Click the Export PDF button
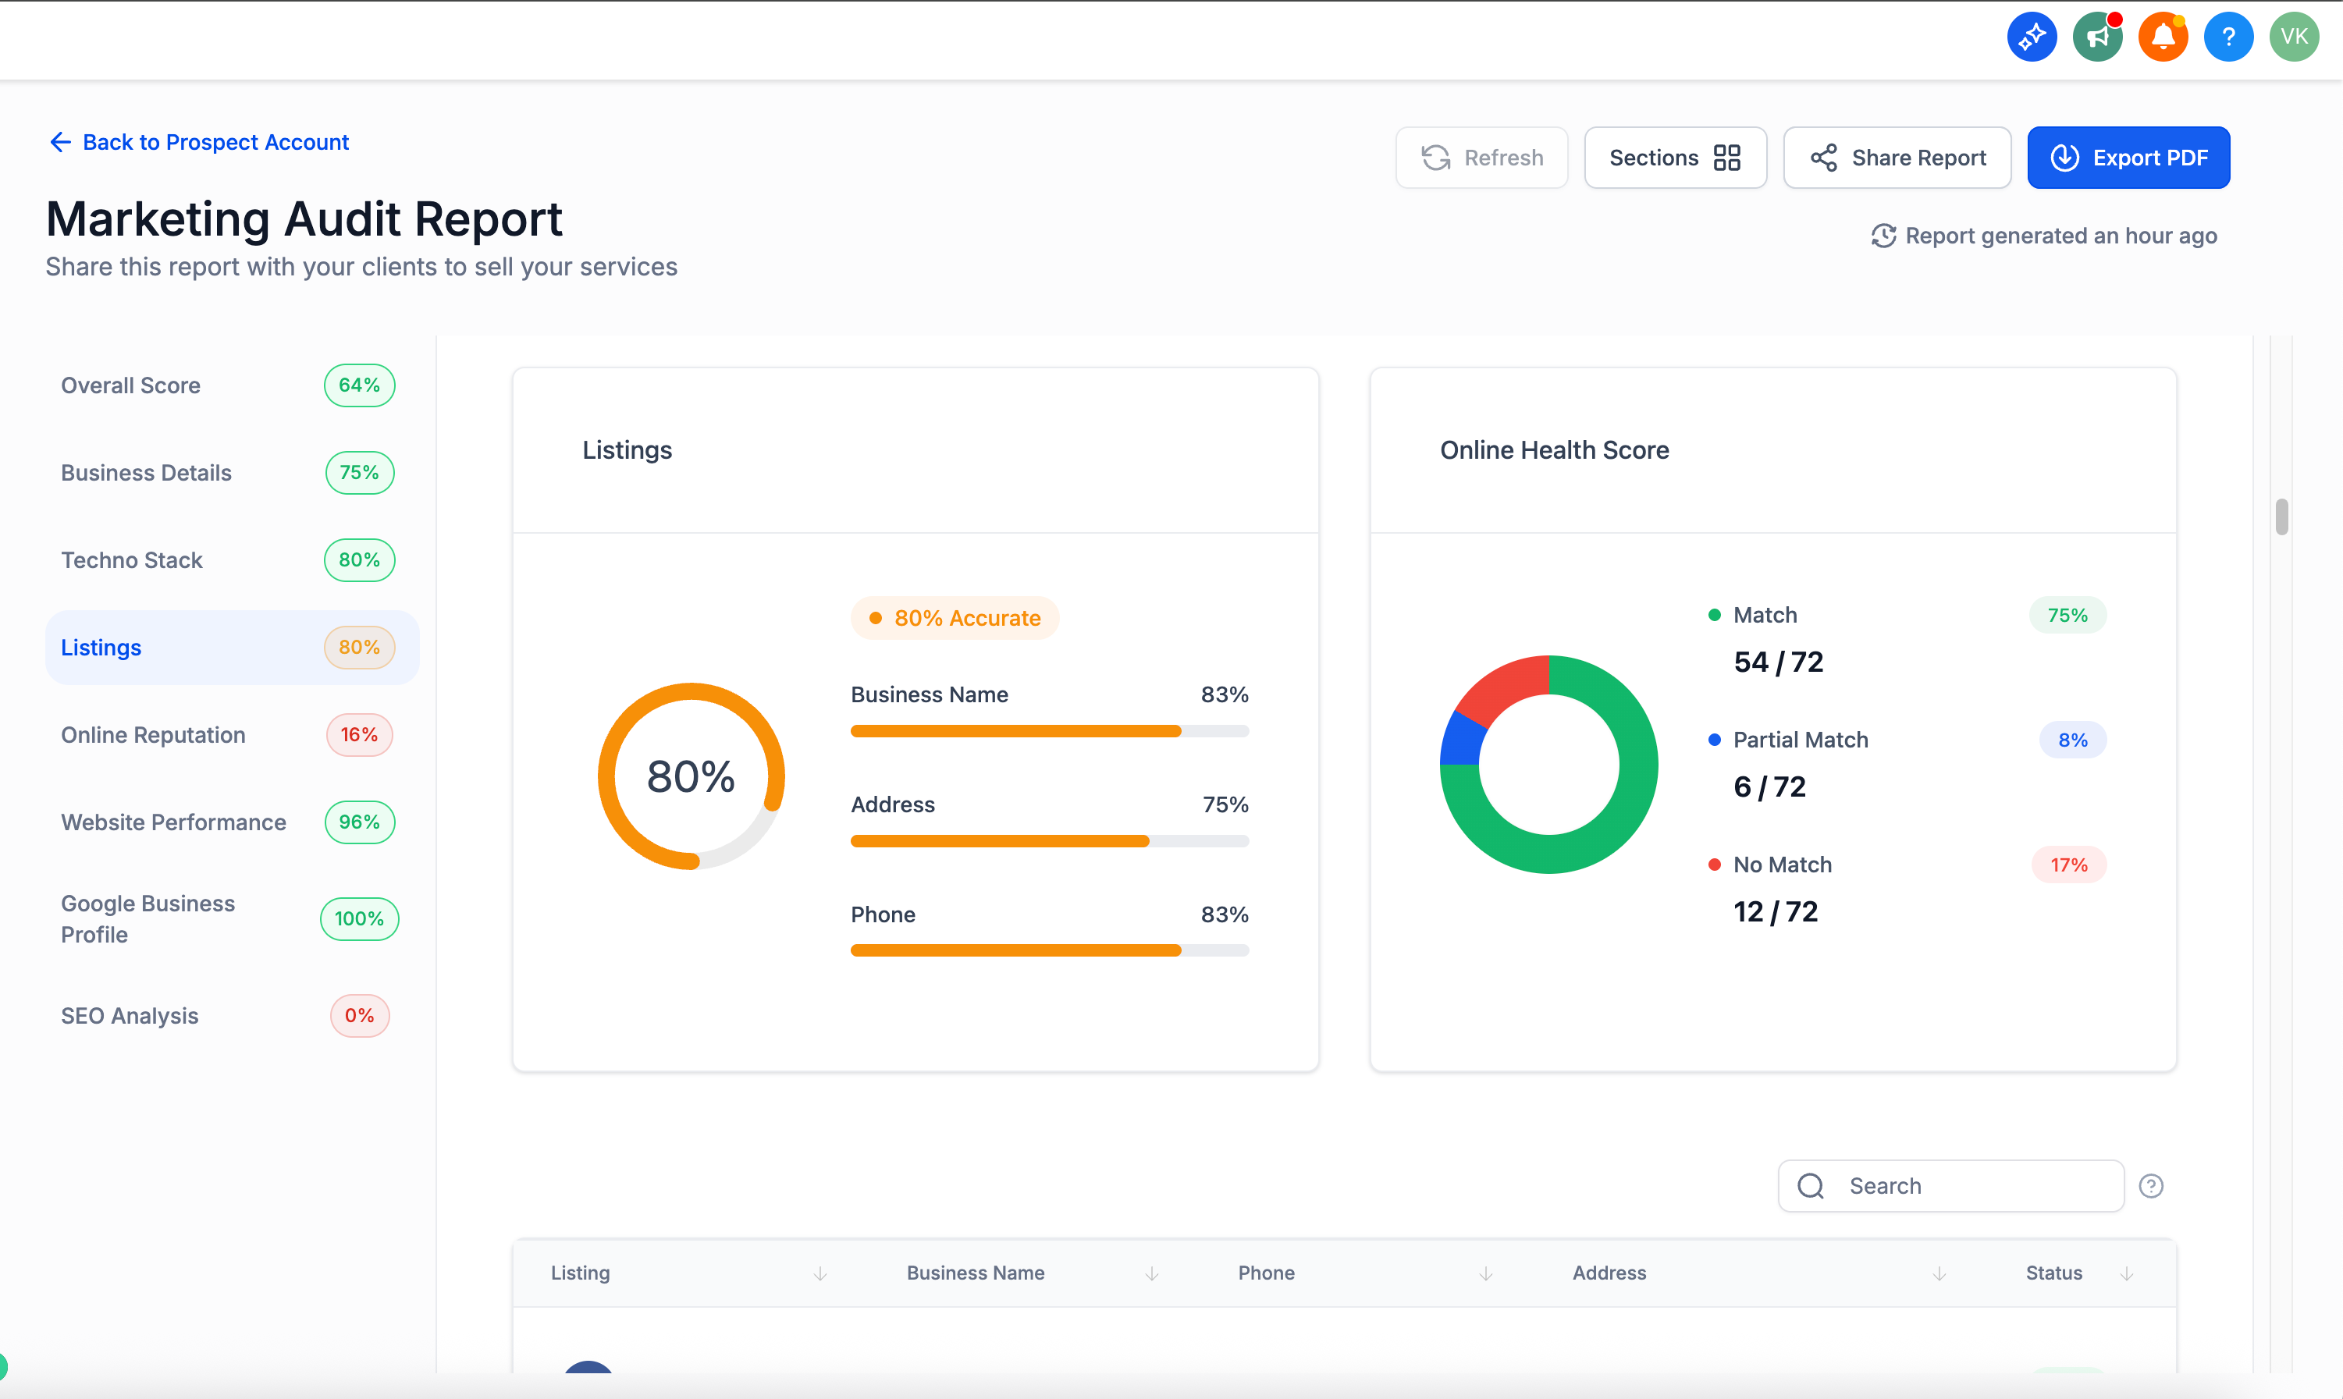click(x=2128, y=158)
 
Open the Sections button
click(x=1674, y=158)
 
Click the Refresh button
click(x=1481, y=158)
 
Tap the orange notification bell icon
click(x=2162, y=37)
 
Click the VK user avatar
click(x=2293, y=37)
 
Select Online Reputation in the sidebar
click(x=154, y=735)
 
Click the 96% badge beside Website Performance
click(x=359, y=822)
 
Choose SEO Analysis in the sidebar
click(x=130, y=1015)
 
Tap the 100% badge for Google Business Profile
click(x=359, y=919)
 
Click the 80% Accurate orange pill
click(x=955, y=619)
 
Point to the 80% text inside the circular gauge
click(x=690, y=777)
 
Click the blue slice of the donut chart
click(x=1460, y=739)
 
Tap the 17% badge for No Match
click(x=2067, y=865)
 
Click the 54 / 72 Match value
click(x=1777, y=662)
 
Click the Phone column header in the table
click(x=1265, y=1273)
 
